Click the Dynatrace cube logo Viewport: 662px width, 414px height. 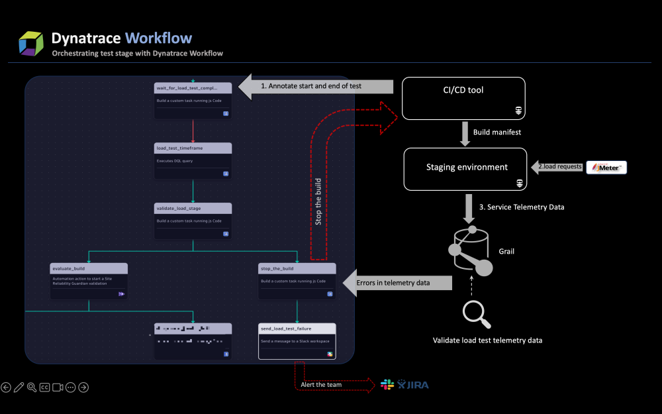(x=31, y=43)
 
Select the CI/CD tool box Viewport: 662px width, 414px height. (x=463, y=98)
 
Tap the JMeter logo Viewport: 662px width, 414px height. (x=606, y=168)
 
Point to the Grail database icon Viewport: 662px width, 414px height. (x=471, y=250)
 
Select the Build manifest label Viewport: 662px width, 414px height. (x=497, y=132)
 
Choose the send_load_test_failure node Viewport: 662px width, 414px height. (x=297, y=341)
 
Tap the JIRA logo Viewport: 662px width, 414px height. (x=414, y=385)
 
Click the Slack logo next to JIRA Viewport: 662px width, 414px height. (x=387, y=385)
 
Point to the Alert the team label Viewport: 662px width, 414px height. (x=322, y=385)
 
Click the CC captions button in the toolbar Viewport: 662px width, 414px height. (x=44, y=388)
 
